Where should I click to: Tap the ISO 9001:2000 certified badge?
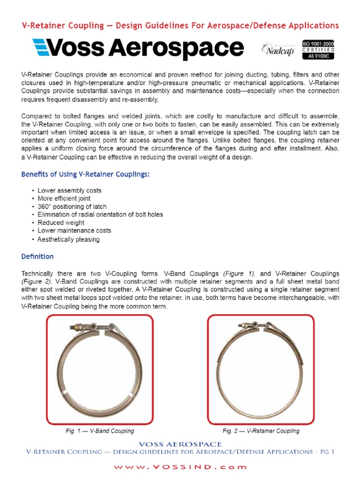[x=318, y=49]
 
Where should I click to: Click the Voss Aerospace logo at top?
[x=137, y=48]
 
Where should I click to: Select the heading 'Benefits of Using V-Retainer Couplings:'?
[x=86, y=174]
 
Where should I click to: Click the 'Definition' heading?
[x=37, y=256]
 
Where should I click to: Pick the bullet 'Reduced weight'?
[x=61, y=223]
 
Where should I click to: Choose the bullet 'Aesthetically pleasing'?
[x=68, y=239]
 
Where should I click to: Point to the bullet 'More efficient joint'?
[x=64, y=199]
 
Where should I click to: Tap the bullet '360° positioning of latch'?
[x=72, y=207]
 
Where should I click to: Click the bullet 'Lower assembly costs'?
[x=69, y=191]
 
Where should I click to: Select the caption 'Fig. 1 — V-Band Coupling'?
[x=99, y=431]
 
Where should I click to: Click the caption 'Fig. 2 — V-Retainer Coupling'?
[x=261, y=431]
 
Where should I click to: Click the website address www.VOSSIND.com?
[x=180, y=467]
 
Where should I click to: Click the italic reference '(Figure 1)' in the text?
[x=239, y=273]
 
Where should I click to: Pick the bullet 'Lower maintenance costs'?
[x=74, y=231]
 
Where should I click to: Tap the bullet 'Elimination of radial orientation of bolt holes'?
[x=100, y=215]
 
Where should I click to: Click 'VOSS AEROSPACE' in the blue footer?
[x=180, y=444]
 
